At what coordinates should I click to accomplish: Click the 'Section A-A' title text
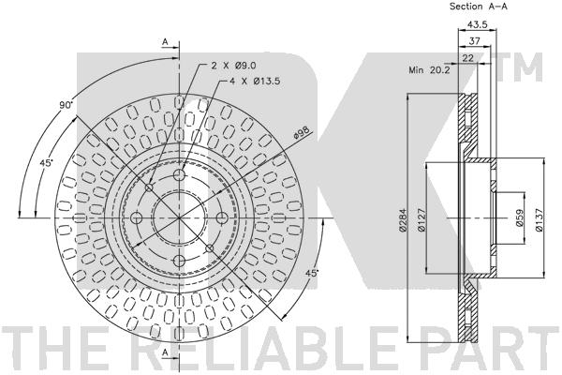pos(478,7)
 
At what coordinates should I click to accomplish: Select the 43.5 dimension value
pos(478,24)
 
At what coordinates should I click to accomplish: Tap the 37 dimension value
pos(475,41)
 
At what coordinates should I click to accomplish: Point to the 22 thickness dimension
pos(467,58)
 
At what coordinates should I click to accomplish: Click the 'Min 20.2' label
pos(429,70)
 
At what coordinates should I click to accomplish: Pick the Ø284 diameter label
pos(402,219)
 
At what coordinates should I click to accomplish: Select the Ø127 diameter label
pos(421,220)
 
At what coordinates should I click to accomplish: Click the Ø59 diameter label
pos(520,217)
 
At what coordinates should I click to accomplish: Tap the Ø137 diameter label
pos(540,219)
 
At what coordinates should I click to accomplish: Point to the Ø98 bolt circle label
pos(302,133)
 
